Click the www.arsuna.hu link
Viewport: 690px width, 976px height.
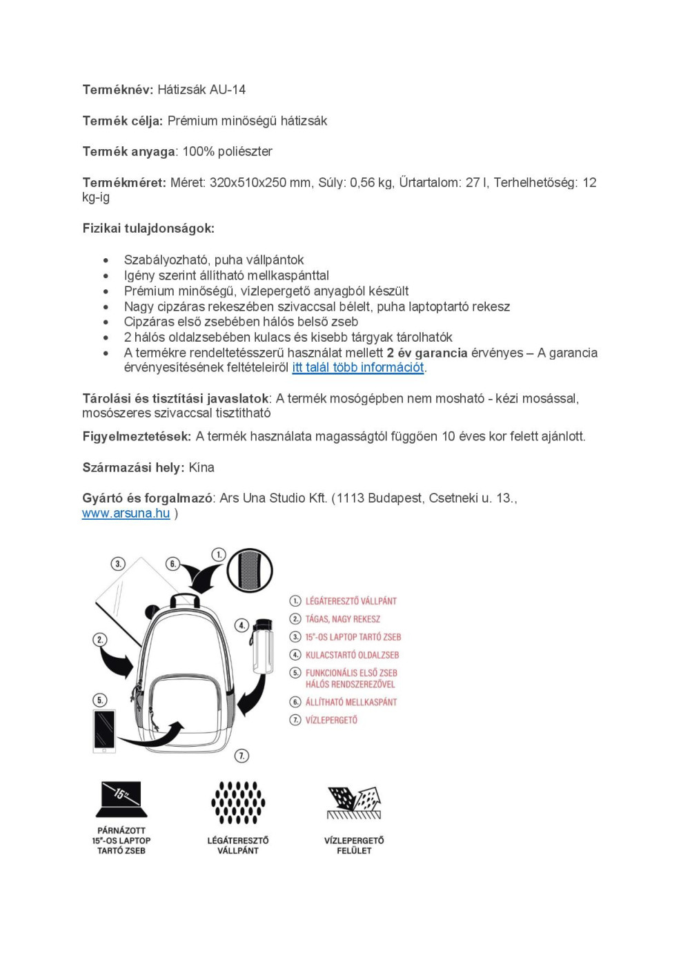pos(126,514)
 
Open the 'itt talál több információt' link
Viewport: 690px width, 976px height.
pos(357,368)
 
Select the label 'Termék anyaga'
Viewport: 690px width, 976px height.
pos(129,152)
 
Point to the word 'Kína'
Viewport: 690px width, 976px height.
pos(201,468)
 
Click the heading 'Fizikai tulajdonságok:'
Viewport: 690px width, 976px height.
pos(148,228)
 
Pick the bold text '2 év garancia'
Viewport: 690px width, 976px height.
pos(427,353)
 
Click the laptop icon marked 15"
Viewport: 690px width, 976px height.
pos(121,799)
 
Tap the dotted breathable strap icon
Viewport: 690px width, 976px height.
pos(238,803)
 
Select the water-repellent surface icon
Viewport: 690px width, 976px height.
pos(354,802)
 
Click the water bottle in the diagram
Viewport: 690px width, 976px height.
pos(262,646)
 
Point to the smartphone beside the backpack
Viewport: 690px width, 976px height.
pos(104,730)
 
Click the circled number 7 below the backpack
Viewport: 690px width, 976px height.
pos(241,756)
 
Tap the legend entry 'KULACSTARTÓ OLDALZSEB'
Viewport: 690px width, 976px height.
pos(352,655)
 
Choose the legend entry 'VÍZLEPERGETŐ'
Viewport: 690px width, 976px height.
pos(331,720)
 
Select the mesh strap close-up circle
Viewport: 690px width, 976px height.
pos(250,571)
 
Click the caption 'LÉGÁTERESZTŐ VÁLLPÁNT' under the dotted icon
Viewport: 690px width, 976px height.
pos(238,846)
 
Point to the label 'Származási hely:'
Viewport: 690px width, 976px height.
pos(133,468)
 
